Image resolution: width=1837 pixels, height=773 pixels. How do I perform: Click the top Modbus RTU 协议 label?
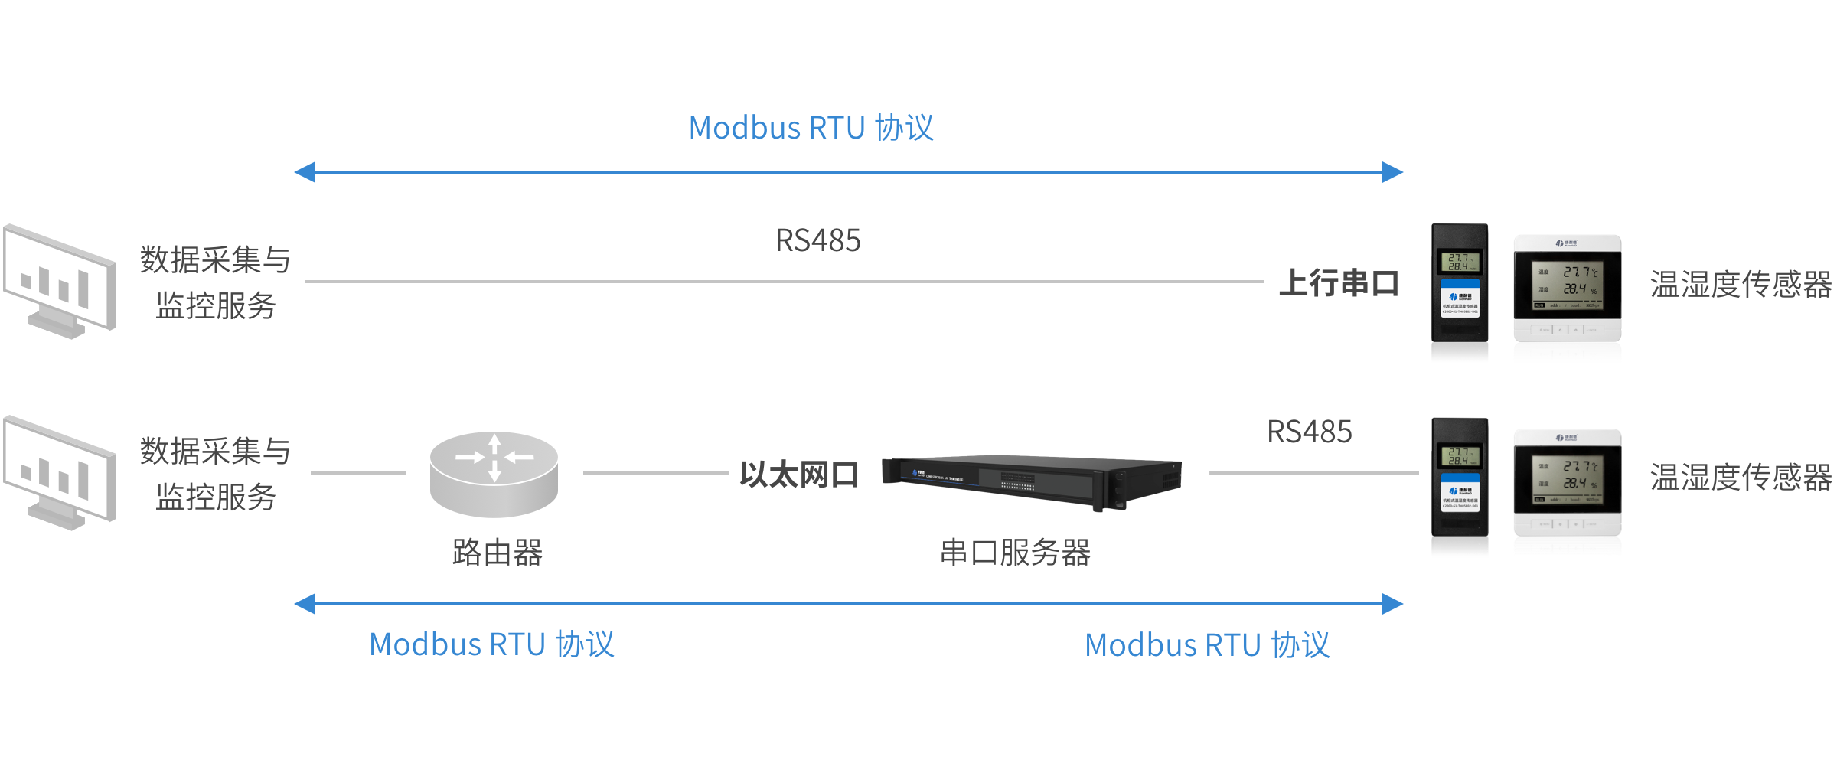tap(811, 128)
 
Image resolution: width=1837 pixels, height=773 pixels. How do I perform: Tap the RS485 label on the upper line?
tap(817, 240)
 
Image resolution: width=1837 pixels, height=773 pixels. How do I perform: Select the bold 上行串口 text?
tap(1339, 282)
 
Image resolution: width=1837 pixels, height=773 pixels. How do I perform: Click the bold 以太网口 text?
tap(799, 475)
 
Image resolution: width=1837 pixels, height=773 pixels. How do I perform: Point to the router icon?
tap(494, 474)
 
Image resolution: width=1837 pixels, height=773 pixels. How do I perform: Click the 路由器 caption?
tap(498, 552)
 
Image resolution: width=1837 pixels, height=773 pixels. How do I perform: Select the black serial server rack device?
tap(1031, 479)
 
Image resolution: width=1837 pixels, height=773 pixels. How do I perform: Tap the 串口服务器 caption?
tap(1015, 552)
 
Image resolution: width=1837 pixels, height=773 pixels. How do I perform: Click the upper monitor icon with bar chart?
tap(60, 281)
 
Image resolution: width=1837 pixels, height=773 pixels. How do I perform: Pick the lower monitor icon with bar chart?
tap(60, 472)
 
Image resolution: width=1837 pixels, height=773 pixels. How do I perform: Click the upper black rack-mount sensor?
tap(1460, 283)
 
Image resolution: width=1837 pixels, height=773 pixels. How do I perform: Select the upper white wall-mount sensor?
tap(1567, 288)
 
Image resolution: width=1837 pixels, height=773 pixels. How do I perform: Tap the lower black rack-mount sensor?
tap(1460, 478)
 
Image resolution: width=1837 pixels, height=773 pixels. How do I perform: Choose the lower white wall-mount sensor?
tap(1567, 482)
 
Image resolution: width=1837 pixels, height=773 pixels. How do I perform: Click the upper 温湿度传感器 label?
tap(1741, 285)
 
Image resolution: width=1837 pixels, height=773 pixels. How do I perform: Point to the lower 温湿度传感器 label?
tap(1741, 478)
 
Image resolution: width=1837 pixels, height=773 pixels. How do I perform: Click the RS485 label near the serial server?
tap(1309, 432)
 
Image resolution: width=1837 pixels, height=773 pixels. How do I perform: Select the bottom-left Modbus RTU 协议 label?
tap(491, 644)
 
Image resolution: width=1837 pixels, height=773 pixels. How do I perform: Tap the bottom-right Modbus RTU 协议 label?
tap(1207, 645)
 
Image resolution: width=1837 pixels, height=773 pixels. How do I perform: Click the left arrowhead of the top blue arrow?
tap(305, 172)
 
